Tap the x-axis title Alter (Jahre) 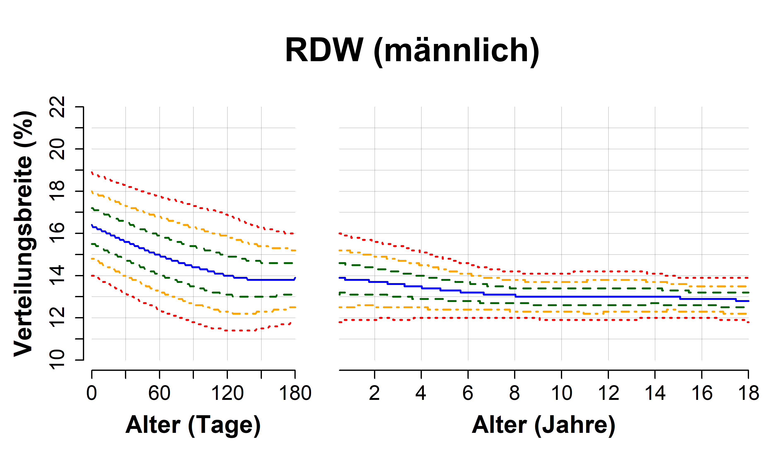tap(543, 425)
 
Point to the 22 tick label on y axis tap(57, 107)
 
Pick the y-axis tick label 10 tap(57, 360)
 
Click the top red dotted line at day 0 tap(92, 172)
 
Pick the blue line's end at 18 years tap(748, 301)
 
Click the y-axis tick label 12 tap(57, 318)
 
